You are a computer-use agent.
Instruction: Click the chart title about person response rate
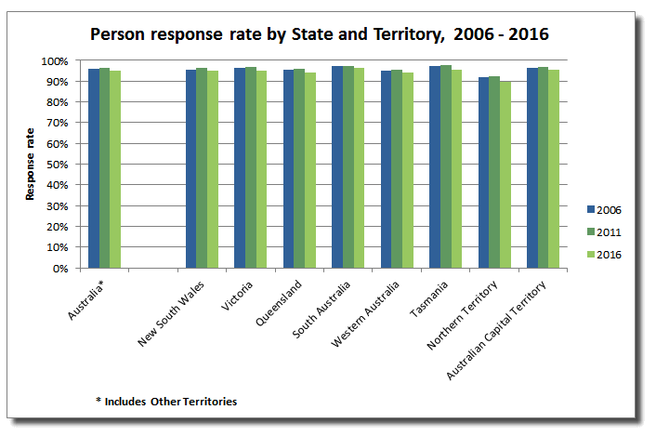pos(320,34)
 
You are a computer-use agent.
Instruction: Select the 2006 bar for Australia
pos(94,168)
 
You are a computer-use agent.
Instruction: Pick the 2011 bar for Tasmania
pos(446,166)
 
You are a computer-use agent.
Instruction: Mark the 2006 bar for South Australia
pos(337,167)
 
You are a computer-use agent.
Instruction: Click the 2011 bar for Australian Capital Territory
pos(543,167)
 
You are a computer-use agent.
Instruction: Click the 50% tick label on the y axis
pos(57,165)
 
